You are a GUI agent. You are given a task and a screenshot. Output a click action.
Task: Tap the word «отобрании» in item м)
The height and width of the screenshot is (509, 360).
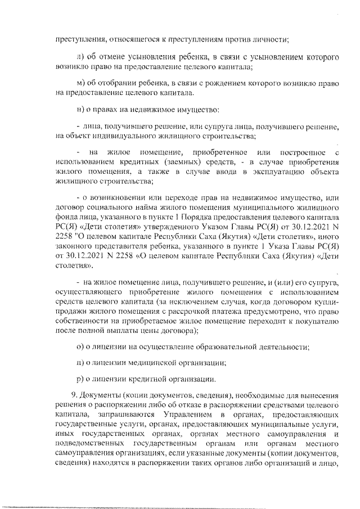click(114, 83)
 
